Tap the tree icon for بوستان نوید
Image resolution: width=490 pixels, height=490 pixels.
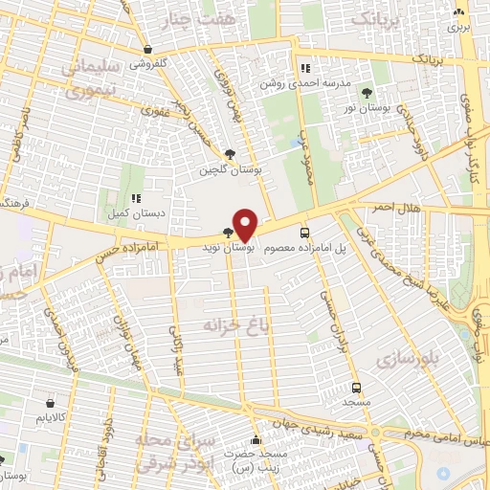click(227, 233)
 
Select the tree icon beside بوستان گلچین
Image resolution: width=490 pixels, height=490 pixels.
click(230, 154)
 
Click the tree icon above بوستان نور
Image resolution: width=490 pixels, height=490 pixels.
click(367, 92)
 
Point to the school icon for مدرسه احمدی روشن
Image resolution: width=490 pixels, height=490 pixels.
click(305, 68)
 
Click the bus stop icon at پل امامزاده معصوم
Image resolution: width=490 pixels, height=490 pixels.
click(304, 233)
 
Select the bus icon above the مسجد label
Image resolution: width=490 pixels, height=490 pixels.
click(357, 389)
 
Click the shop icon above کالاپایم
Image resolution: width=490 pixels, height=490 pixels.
click(50, 404)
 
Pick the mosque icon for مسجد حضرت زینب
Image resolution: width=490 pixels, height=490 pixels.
click(254, 439)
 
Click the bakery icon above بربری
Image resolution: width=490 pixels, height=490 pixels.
click(459, 12)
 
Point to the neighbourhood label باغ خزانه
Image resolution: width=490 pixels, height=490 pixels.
click(229, 325)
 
